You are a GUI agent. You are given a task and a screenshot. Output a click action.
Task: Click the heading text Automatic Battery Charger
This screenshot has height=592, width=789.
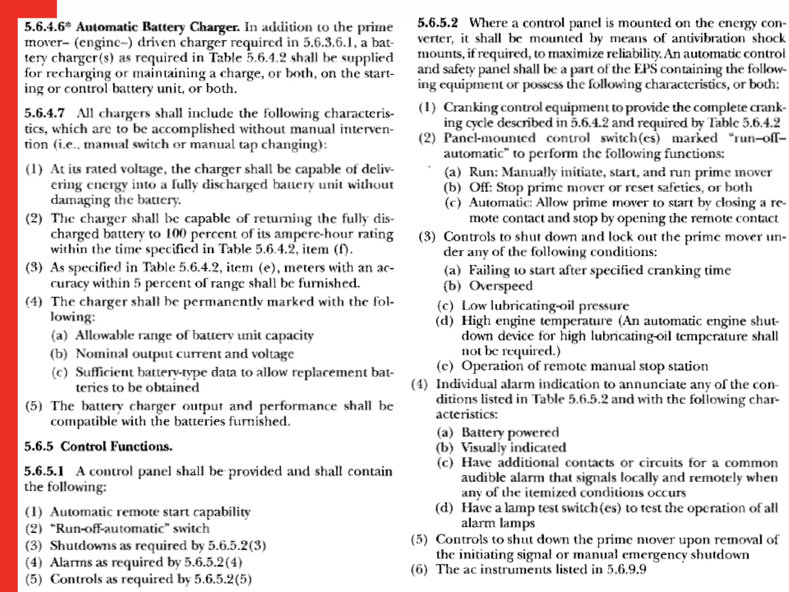(x=158, y=27)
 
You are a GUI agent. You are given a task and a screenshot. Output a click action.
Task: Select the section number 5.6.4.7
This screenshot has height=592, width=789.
(x=45, y=113)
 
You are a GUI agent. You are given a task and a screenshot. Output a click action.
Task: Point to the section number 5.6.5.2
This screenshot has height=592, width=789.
(x=438, y=23)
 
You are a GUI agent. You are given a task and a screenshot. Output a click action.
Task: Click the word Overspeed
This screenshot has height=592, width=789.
(x=500, y=286)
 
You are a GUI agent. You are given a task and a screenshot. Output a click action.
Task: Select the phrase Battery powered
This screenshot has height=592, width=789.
(x=510, y=432)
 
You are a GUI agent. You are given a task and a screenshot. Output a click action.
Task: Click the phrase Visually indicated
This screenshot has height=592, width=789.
(x=513, y=447)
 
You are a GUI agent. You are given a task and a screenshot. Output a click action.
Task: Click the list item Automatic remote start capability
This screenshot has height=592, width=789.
(x=150, y=511)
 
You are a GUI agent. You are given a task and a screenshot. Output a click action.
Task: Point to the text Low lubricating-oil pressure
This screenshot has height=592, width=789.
(x=545, y=305)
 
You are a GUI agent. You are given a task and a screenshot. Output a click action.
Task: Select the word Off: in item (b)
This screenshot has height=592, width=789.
(x=480, y=187)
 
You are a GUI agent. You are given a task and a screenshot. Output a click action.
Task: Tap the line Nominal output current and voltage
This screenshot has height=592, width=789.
(x=185, y=353)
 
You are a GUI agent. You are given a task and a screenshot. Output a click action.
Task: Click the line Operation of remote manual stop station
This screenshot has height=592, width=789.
(x=584, y=366)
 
